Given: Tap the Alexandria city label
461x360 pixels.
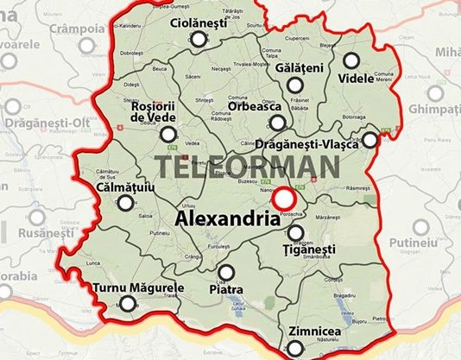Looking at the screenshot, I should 227,219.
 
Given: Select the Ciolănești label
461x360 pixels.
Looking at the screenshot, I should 199,22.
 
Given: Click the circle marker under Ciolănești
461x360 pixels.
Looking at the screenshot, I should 199,40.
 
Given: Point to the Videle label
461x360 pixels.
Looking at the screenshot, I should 356,78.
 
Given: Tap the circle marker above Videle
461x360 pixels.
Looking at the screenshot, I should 351,60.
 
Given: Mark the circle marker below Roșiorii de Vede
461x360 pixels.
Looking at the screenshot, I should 168,134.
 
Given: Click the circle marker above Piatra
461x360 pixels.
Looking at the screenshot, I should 226,272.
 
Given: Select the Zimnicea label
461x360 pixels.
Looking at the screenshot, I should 305,331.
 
